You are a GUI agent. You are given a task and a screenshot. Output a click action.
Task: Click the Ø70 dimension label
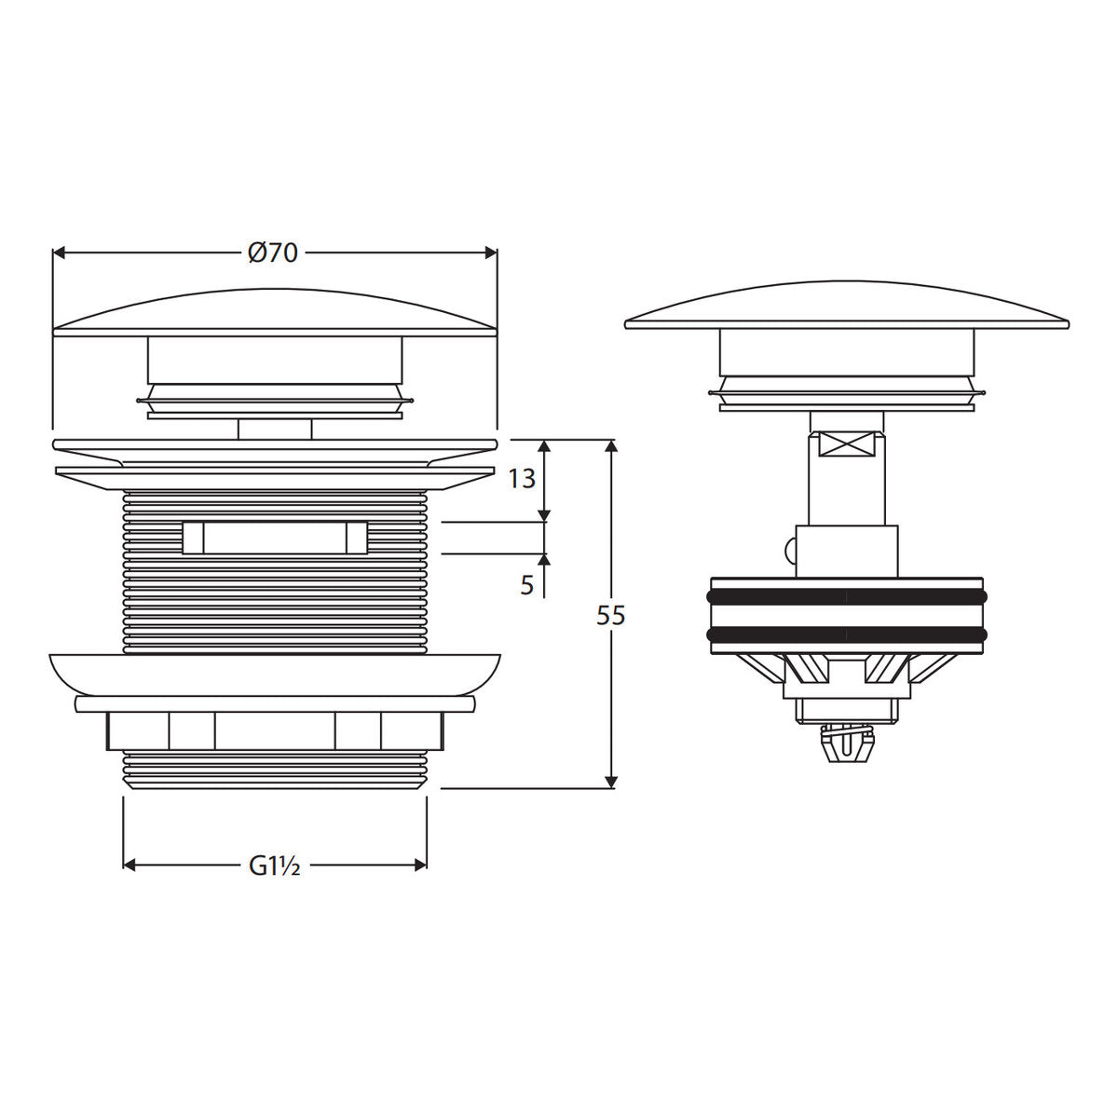pyautogui.click(x=273, y=253)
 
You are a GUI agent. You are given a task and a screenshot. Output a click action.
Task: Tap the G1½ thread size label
pyautogui.click(x=275, y=866)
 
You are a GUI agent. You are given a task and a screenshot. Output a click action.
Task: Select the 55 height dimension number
pyautogui.click(x=611, y=616)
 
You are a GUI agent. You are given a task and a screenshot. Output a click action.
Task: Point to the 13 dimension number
pyautogui.click(x=522, y=479)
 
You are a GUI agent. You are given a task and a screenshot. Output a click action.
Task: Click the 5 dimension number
pyautogui.click(x=526, y=586)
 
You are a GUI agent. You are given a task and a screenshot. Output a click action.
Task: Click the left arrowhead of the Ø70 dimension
pyautogui.click(x=59, y=253)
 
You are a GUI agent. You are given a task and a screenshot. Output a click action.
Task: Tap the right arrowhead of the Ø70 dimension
pyautogui.click(x=491, y=253)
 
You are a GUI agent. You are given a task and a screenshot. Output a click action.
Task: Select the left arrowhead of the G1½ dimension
pyautogui.click(x=130, y=866)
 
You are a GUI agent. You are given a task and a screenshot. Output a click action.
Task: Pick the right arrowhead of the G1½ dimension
pyautogui.click(x=420, y=866)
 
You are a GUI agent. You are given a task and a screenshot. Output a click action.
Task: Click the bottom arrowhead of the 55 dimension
pyautogui.click(x=611, y=782)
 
